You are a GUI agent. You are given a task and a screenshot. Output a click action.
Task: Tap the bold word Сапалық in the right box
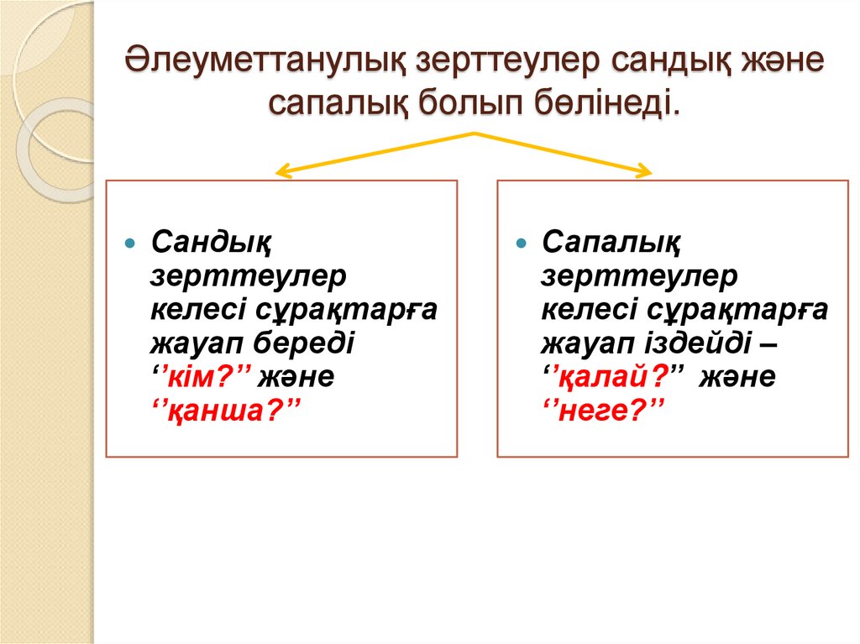(611, 243)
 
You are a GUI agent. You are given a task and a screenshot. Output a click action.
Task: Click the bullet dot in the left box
(129, 243)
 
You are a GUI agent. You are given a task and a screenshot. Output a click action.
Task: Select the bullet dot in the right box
(522, 243)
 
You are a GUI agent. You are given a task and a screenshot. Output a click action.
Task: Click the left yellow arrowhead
(282, 173)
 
